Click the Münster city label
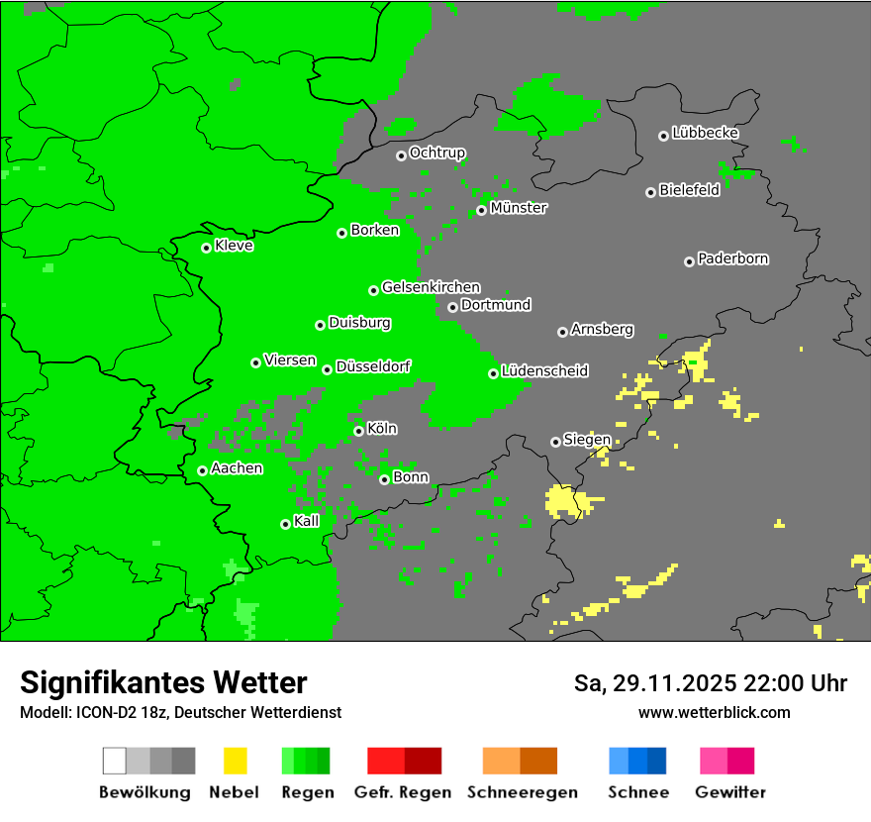(519, 208)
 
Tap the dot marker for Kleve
(206, 248)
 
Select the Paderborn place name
(732, 258)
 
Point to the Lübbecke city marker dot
(663, 136)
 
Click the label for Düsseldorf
(373, 366)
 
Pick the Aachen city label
(237, 468)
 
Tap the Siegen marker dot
(555, 442)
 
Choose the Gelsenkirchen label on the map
(431, 287)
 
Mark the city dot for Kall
(285, 524)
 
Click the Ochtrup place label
(436, 153)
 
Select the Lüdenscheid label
(544, 371)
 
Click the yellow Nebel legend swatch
(235, 761)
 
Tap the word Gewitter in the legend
(730, 792)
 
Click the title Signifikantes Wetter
(163, 682)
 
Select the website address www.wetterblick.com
(714, 712)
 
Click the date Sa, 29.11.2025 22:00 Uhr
(710, 683)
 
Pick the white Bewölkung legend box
(114, 761)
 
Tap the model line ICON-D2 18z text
(180, 712)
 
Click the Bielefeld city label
(689, 190)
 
